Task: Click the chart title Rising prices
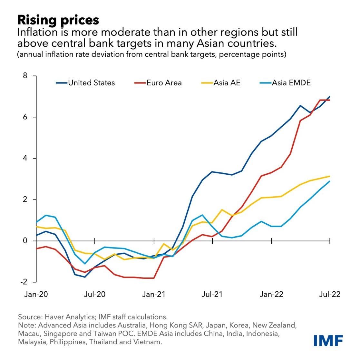pos(58,20)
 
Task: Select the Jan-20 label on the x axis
pos(35,294)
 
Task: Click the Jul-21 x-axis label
pos(212,294)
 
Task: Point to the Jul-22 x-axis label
pos(330,294)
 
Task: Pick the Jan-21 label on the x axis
pos(154,294)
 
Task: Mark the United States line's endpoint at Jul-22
pos(330,96)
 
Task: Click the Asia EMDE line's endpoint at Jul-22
pos(330,181)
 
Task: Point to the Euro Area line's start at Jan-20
pos(36,248)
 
